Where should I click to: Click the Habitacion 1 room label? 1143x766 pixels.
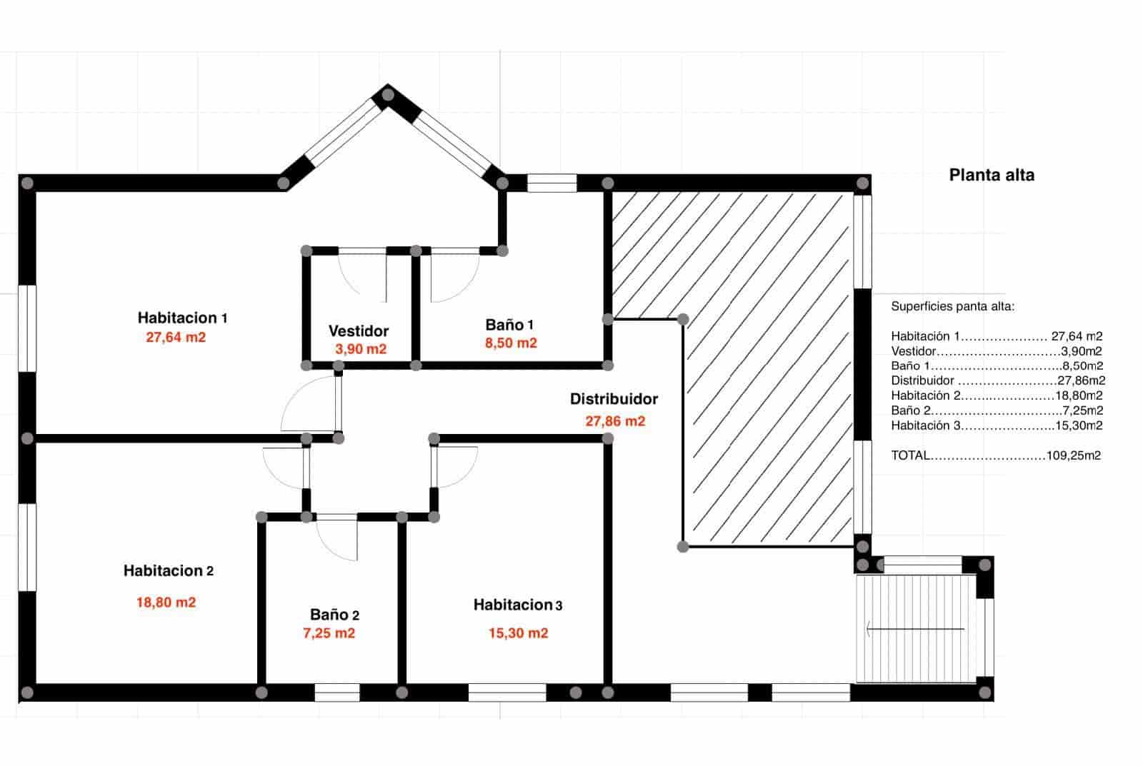(x=182, y=318)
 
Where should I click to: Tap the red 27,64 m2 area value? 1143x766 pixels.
(x=176, y=338)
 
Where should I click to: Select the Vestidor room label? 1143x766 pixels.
(x=359, y=331)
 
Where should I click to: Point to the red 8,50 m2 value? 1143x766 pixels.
(x=511, y=343)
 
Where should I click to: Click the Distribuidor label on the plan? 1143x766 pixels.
(x=614, y=400)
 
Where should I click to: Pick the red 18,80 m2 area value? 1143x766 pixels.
(x=166, y=603)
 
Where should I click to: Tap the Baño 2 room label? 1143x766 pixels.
(x=334, y=615)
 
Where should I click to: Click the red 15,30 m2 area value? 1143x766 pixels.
(x=519, y=633)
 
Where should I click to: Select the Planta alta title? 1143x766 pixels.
(x=992, y=175)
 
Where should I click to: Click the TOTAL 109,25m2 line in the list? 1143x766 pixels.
(x=996, y=455)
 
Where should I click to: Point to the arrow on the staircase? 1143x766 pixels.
(x=914, y=630)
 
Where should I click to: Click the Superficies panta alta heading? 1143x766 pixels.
(x=952, y=307)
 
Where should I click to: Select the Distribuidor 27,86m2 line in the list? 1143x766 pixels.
(x=997, y=381)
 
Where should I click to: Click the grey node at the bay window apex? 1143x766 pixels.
(x=388, y=94)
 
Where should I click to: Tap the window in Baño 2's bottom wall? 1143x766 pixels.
(x=337, y=692)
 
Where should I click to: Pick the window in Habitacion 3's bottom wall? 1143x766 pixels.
(x=507, y=692)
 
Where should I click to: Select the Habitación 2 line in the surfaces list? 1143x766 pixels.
(x=997, y=395)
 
